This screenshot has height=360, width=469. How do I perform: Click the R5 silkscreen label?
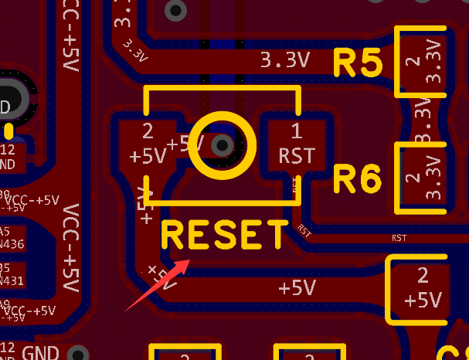358,64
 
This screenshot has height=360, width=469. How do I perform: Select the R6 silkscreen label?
358,180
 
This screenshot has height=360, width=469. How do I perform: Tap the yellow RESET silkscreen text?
224,236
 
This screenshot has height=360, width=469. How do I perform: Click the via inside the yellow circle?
223,144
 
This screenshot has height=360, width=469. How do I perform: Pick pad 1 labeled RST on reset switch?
297,144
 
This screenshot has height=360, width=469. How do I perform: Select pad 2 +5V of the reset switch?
148,144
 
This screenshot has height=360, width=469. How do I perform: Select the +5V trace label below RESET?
297,288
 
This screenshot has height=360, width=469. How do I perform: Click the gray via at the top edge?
177,10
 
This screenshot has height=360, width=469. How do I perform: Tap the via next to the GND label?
76,354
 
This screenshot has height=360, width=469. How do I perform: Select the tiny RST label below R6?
399,238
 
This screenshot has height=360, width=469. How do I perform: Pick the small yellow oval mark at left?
8,131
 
